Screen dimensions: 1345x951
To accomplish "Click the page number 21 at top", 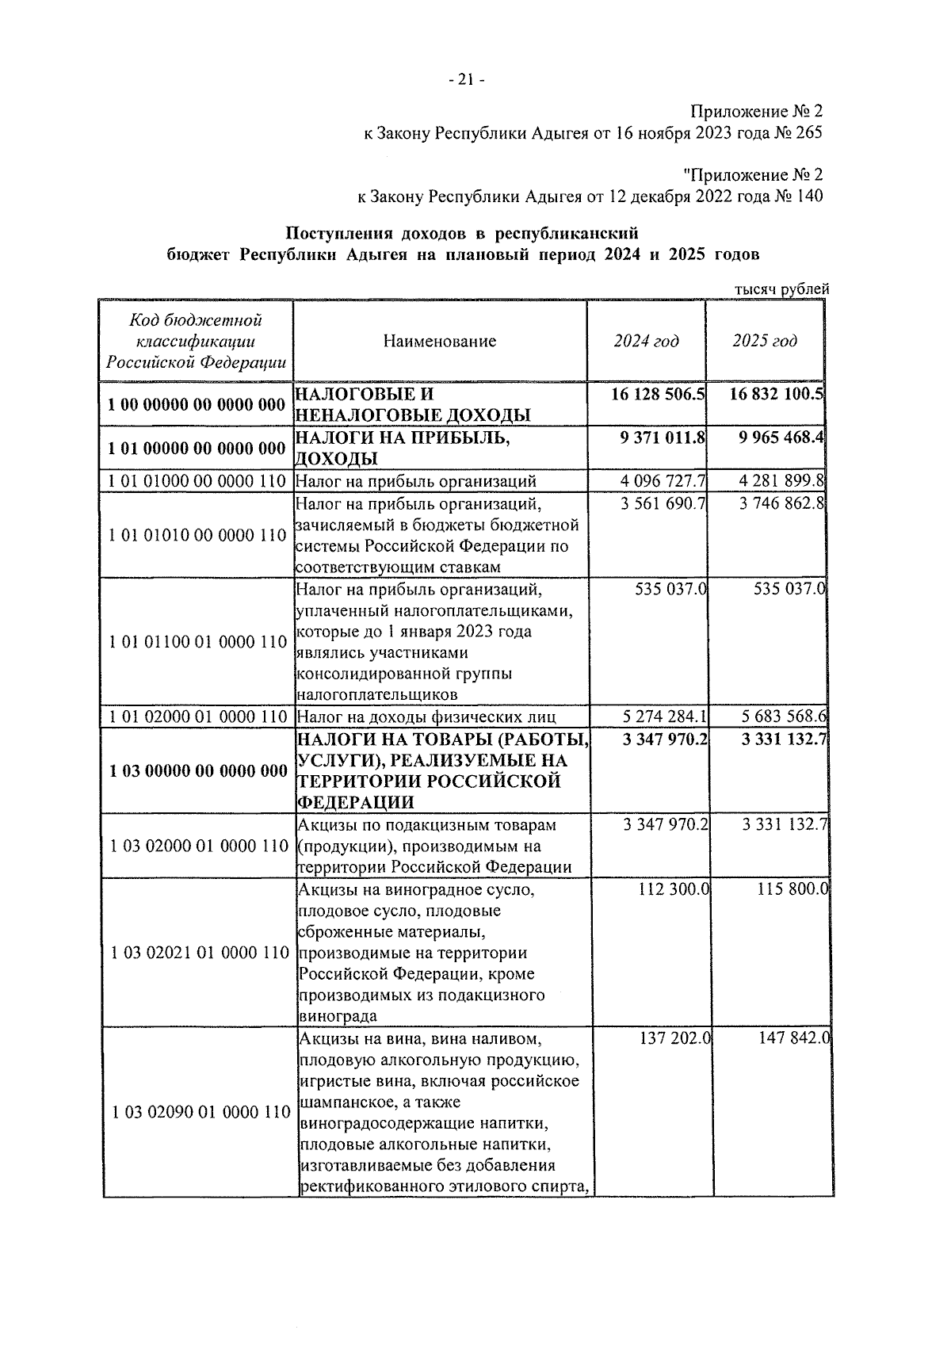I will pyautogui.click(x=465, y=79).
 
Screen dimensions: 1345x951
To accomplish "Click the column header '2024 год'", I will pyautogui.click(x=646, y=341).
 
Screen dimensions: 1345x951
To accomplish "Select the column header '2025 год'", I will pyautogui.click(x=765, y=341).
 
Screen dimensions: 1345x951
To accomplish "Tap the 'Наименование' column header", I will pyautogui.click(x=440, y=342).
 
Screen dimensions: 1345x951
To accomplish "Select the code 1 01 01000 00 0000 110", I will pyautogui.click(x=197, y=481).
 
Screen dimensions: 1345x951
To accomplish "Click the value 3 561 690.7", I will pyautogui.click(x=664, y=503).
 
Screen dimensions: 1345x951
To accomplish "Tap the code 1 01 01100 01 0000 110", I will pyautogui.click(x=197, y=642).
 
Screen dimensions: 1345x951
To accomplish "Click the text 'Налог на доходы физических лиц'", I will pyautogui.click(x=426, y=717).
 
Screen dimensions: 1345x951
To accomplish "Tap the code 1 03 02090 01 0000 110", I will pyautogui.click(x=201, y=1113).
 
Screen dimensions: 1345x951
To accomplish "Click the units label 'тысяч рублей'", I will pyautogui.click(x=781, y=289).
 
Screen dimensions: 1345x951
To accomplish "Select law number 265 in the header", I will pyautogui.click(x=808, y=133).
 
